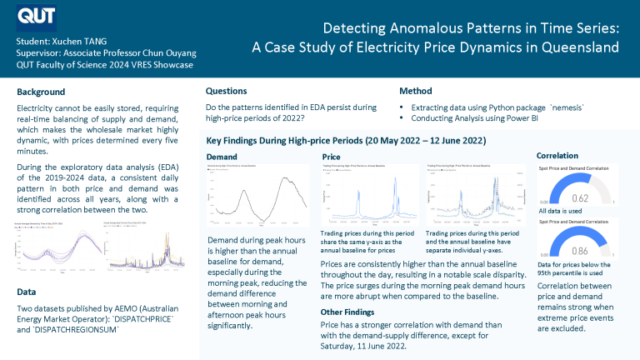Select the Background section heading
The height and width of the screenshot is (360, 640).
[x=42, y=92]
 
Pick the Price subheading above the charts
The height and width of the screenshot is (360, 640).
[x=331, y=156]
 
